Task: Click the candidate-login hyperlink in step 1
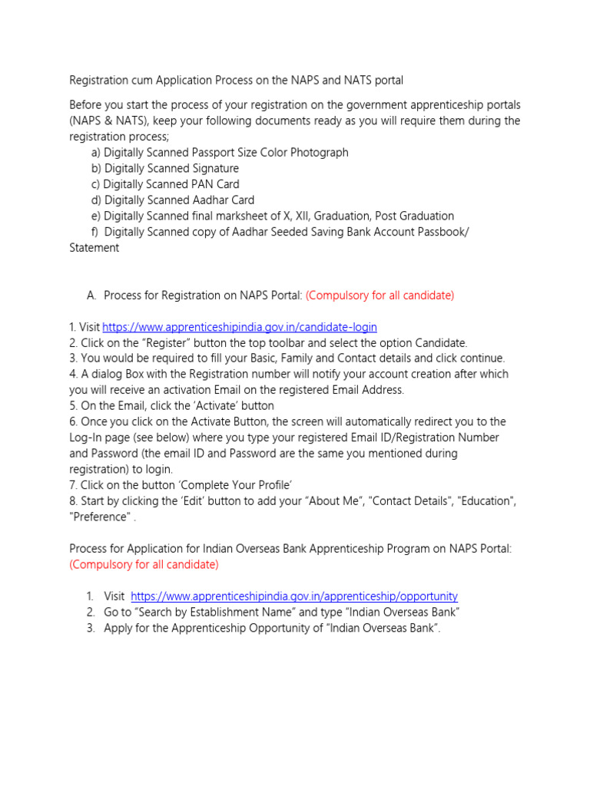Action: click(x=239, y=327)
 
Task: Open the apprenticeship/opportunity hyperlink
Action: click(x=294, y=596)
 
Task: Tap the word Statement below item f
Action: click(x=94, y=248)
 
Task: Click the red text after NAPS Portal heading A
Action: click(x=380, y=296)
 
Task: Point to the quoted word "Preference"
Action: click(x=99, y=517)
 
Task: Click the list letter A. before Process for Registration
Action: click(x=91, y=296)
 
